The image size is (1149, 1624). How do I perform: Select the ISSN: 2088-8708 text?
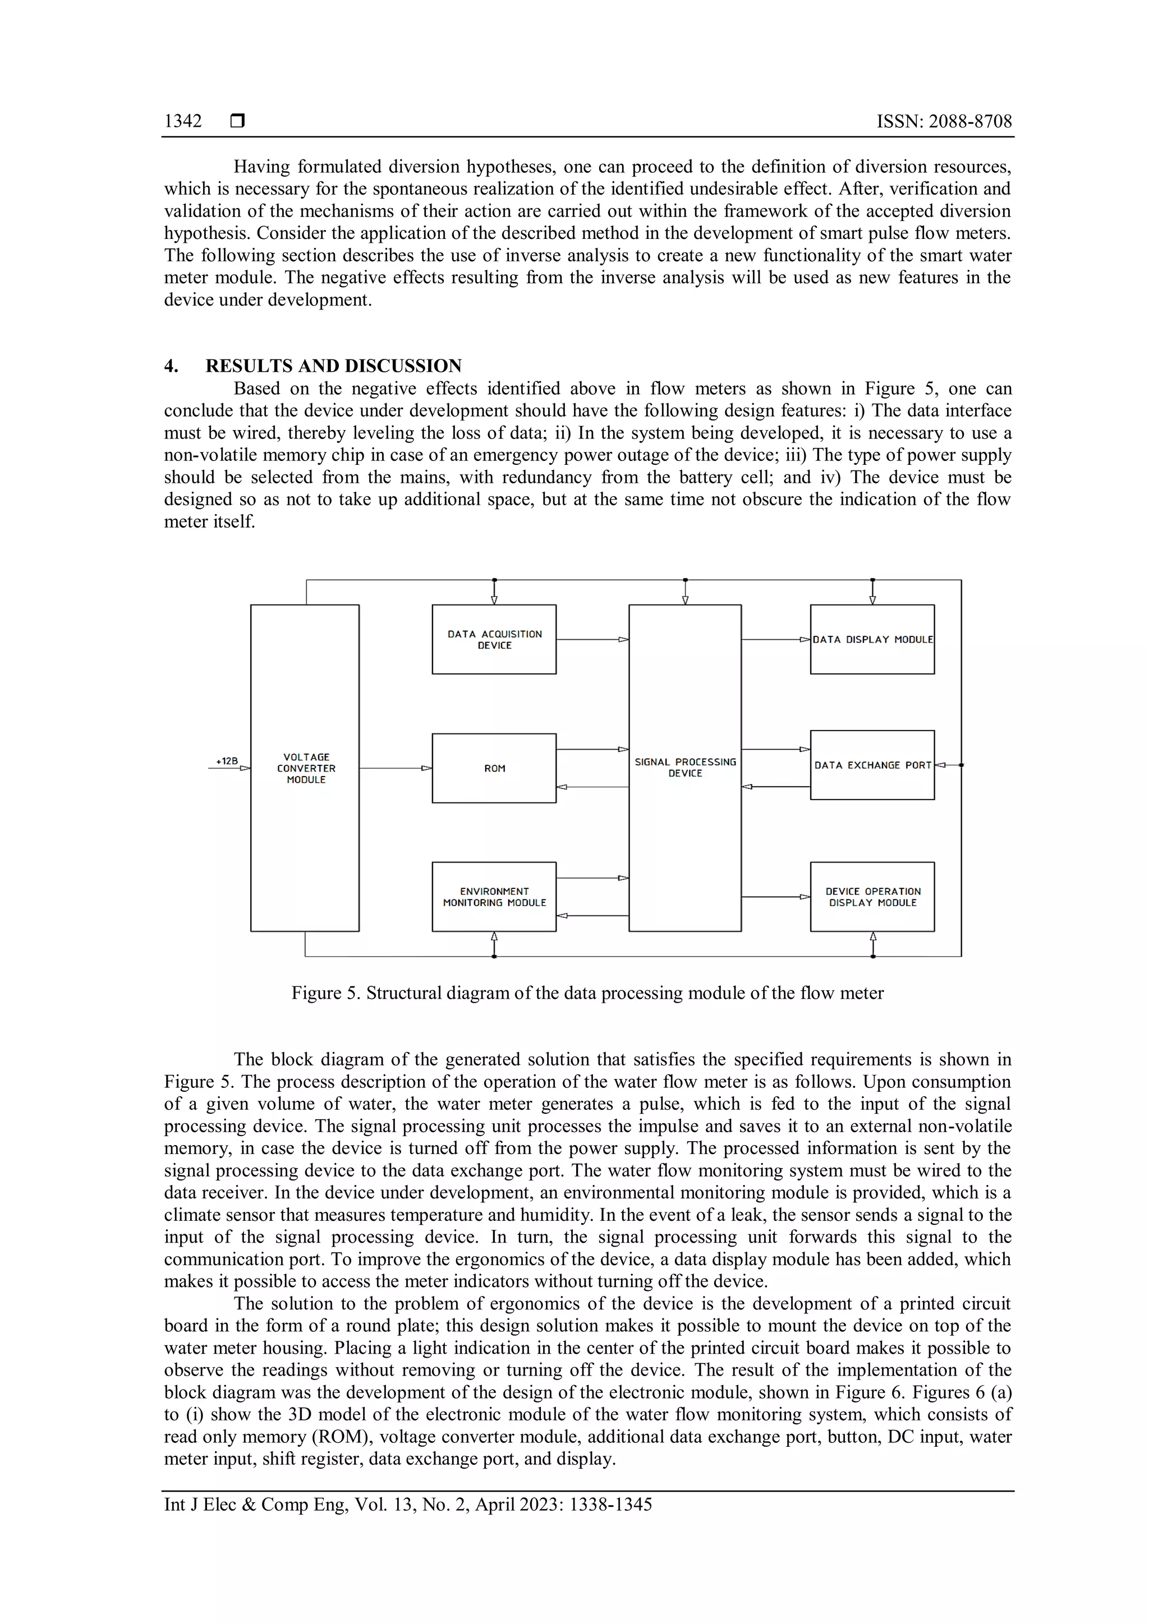click(x=944, y=122)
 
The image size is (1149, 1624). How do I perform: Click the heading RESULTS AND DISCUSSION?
click(x=333, y=366)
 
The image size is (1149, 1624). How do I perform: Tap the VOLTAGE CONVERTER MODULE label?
click(x=306, y=768)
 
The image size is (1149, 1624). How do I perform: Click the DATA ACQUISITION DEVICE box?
click(x=494, y=639)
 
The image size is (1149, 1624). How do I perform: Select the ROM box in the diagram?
click(x=494, y=768)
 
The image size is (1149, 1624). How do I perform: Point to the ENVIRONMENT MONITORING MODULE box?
click(x=494, y=897)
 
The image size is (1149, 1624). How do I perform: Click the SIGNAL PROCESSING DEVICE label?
click(x=685, y=768)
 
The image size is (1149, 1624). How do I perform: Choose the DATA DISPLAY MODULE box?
click(x=872, y=639)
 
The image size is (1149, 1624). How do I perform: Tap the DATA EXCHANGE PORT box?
click(x=872, y=765)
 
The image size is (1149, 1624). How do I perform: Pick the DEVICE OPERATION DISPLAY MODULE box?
click(x=872, y=897)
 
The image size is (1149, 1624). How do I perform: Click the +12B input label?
click(x=227, y=761)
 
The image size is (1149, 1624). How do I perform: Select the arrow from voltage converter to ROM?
click(x=396, y=768)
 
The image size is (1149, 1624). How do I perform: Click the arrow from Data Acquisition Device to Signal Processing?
click(x=593, y=639)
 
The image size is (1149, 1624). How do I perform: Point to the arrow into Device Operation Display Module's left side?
click(x=775, y=897)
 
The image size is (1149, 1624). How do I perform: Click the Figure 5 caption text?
click(x=587, y=993)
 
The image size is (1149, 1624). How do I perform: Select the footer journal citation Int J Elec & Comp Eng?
click(x=407, y=1505)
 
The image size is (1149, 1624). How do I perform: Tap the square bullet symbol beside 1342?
click(x=238, y=121)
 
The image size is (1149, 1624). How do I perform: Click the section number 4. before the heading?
click(x=171, y=366)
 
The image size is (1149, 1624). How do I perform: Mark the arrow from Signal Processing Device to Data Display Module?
click(x=775, y=639)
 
